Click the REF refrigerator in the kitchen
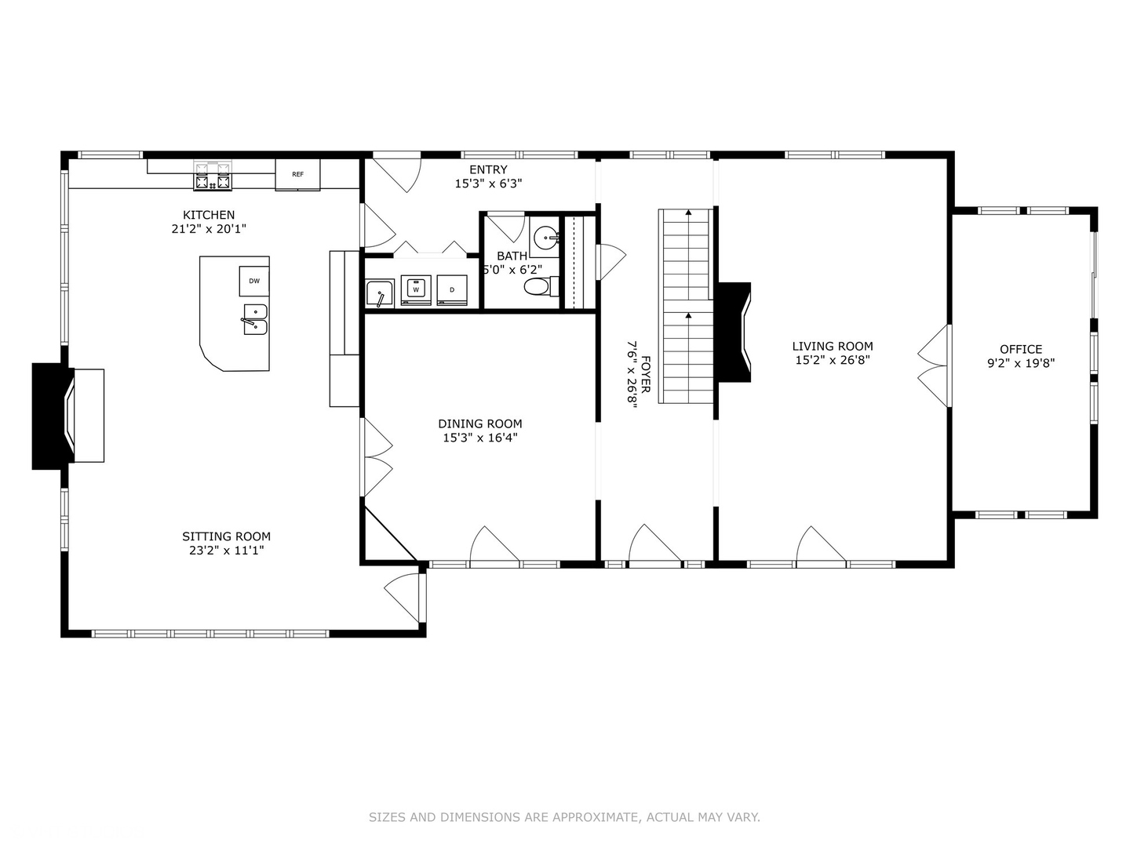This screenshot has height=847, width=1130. pyautogui.click(x=297, y=175)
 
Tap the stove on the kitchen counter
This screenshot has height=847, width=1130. pyautogui.click(x=213, y=176)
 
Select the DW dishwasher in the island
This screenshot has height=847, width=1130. pyautogui.click(x=254, y=281)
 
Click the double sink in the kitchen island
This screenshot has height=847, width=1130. pyautogui.click(x=255, y=319)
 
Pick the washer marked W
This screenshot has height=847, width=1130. pyautogui.click(x=416, y=290)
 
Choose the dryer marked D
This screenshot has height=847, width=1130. pyautogui.click(x=452, y=290)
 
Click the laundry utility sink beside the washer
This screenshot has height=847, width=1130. pyautogui.click(x=380, y=293)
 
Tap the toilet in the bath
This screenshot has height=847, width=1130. pyautogui.click(x=541, y=287)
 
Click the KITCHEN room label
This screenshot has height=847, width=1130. pyautogui.click(x=209, y=215)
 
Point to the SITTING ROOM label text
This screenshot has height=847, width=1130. pyautogui.click(x=227, y=536)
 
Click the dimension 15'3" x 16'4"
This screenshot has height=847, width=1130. pyautogui.click(x=480, y=438)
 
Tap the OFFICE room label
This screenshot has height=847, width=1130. pyautogui.click(x=1021, y=349)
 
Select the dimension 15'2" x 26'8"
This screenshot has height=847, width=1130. pyautogui.click(x=833, y=360)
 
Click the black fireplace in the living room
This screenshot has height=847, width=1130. pyautogui.click(x=734, y=333)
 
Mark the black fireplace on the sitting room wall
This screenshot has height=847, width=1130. pyautogui.click(x=53, y=416)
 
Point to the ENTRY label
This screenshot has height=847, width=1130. pyautogui.click(x=488, y=169)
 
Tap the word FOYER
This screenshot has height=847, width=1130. pyautogui.click(x=646, y=374)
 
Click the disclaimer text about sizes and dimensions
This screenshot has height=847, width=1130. pyautogui.click(x=564, y=817)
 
